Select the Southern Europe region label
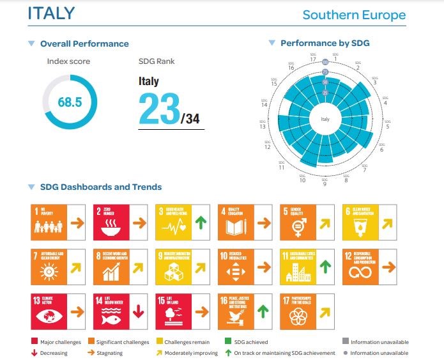point(354,15)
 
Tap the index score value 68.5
point(70,102)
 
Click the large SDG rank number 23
point(159,109)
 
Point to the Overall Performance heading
point(84,44)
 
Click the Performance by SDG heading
point(325,43)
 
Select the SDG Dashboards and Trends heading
point(101,187)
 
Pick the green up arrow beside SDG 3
point(199,223)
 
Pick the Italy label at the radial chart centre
point(325,119)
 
